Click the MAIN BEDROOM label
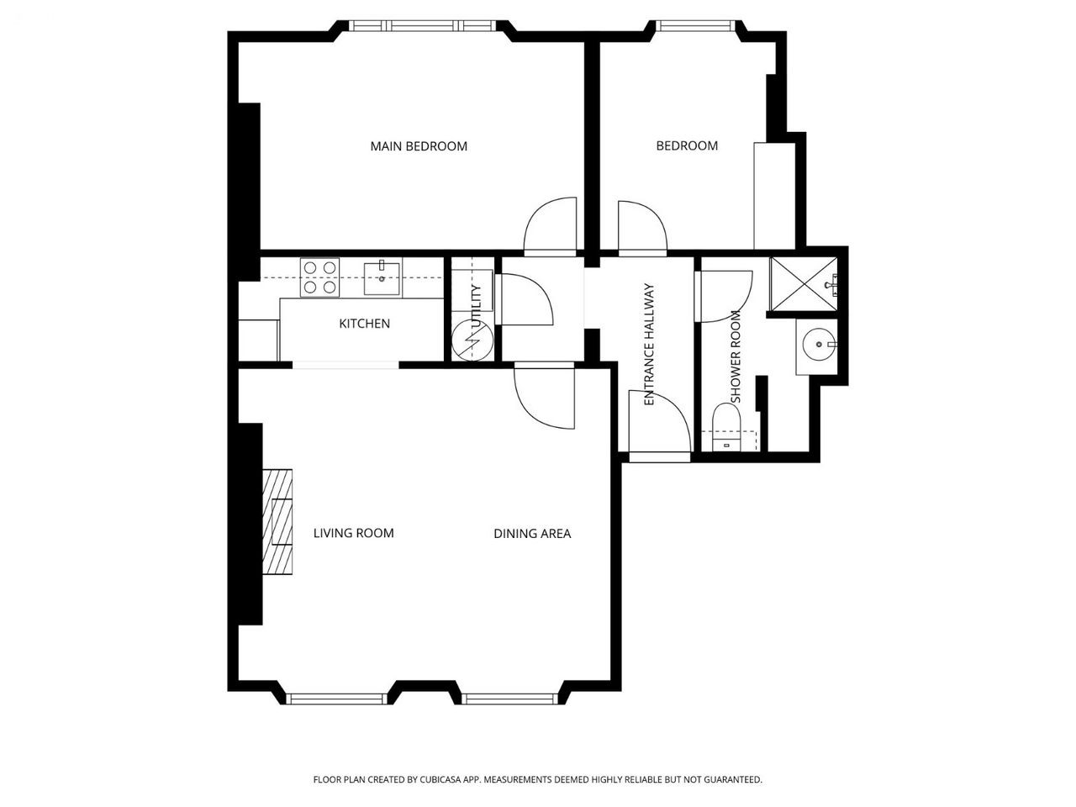[x=419, y=146]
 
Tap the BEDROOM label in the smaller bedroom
[x=687, y=145]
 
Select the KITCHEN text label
[x=364, y=324]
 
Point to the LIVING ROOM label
[x=353, y=533]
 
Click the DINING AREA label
[x=532, y=534]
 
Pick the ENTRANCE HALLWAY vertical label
[x=649, y=344]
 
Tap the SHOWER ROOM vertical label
[x=736, y=356]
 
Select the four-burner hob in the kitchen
[x=319, y=277]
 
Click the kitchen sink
[x=382, y=278]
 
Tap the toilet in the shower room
[x=726, y=426]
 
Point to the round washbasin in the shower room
[x=819, y=345]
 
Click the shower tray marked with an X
[x=804, y=284]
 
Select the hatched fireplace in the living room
[x=277, y=522]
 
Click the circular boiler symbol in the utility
[x=472, y=340]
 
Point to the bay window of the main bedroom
[x=423, y=25]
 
